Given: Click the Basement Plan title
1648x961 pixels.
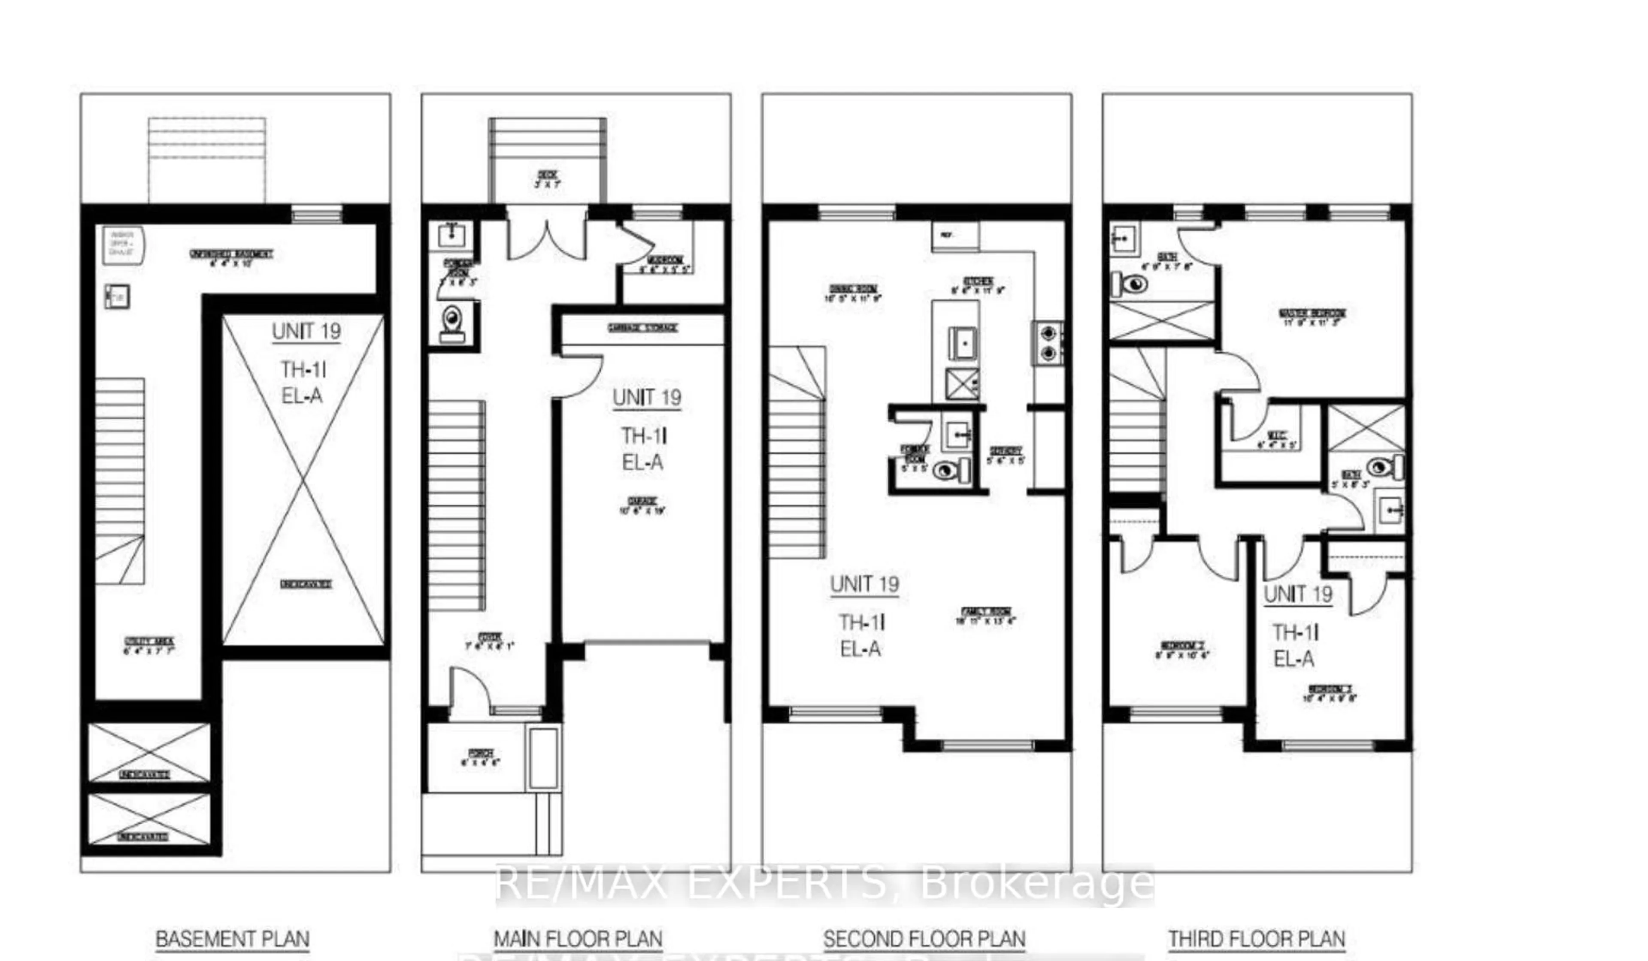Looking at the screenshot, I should point(232,940).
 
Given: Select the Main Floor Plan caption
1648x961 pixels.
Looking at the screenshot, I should point(578,940).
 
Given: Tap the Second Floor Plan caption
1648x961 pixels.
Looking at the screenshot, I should point(924,940).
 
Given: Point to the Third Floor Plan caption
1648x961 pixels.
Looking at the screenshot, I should point(1256,940).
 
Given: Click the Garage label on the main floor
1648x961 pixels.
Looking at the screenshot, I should point(642,505).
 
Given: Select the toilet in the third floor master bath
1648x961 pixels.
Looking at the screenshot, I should point(1130,284).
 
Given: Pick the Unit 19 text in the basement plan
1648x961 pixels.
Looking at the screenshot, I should point(306,332).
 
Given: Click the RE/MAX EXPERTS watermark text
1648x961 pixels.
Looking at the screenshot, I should point(824,884).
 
